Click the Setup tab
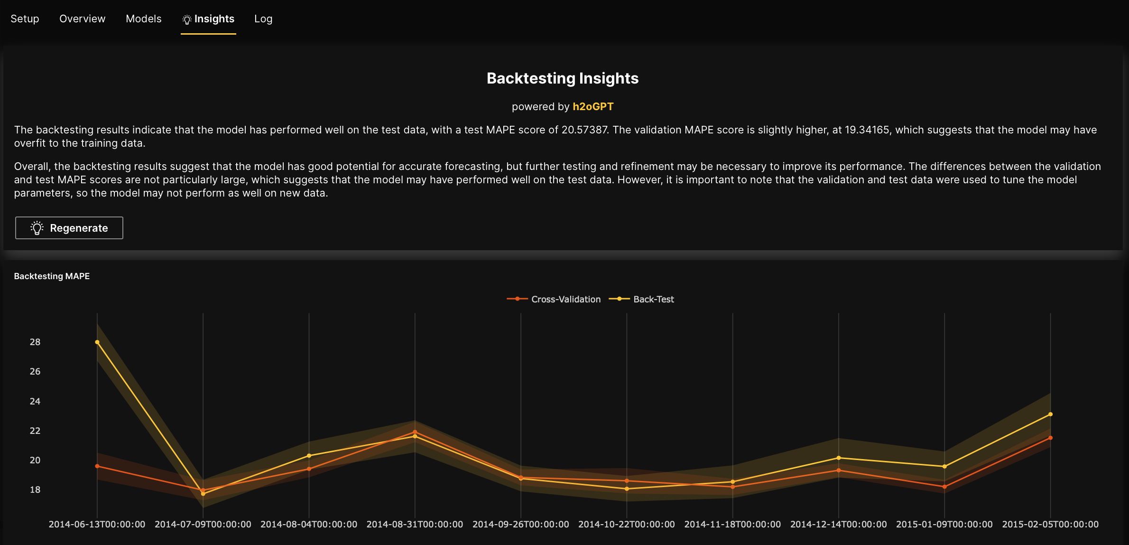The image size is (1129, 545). click(x=25, y=19)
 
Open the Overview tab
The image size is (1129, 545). click(x=82, y=19)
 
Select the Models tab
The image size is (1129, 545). click(x=143, y=19)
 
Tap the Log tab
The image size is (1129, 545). click(x=263, y=19)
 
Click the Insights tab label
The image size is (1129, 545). click(x=214, y=19)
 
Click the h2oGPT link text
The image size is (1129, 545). click(x=593, y=107)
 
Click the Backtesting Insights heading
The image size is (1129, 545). click(x=563, y=78)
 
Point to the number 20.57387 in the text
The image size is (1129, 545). click(x=584, y=130)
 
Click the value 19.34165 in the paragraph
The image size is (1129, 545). click(x=867, y=130)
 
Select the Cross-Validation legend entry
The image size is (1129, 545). click(x=565, y=300)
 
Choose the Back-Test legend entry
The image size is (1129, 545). click(x=653, y=300)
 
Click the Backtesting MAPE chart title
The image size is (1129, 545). click(x=52, y=276)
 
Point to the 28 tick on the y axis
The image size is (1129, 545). click(x=35, y=342)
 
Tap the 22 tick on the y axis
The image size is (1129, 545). click(x=35, y=431)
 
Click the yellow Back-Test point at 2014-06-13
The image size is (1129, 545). click(x=97, y=342)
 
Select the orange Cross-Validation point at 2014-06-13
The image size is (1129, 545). click(x=97, y=466)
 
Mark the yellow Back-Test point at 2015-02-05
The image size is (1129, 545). click(x=1050, y=414)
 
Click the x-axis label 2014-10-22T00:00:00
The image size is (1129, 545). click(x=626, y=525)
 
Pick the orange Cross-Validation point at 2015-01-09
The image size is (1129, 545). click(x=944, y=487)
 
